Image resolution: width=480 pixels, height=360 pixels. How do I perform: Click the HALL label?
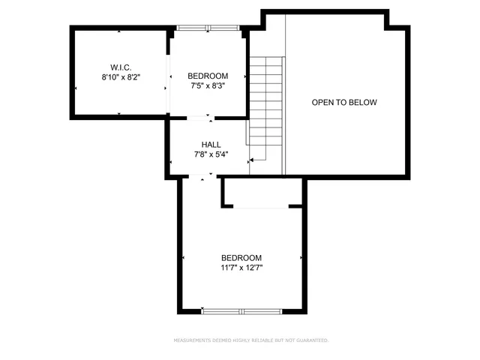click(x=211, y=144)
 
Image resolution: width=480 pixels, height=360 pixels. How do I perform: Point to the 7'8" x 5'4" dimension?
click(x=211, y=154)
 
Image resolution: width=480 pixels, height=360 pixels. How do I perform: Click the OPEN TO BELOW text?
click(x=344, y=102)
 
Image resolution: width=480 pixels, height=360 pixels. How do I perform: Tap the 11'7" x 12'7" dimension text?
click(x=241, y=267)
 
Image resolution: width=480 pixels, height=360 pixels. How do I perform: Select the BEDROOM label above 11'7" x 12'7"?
click(x=241, y=257)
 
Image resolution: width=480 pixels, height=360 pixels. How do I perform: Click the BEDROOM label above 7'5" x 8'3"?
click(x=208, y=76)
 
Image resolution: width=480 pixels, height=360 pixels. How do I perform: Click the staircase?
click(x=265, y=105)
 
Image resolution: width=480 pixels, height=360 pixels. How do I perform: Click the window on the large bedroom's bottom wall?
click(x=241, y=310)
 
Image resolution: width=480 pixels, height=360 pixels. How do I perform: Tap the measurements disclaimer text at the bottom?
click(x=251, y=340)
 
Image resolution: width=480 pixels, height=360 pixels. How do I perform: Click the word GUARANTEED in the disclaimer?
click(x=310, y=340)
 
